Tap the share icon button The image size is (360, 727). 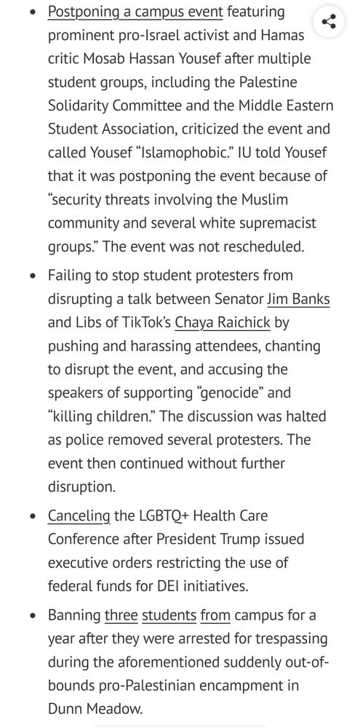coord(328,21)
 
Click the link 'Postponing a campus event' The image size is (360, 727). coord(136,12)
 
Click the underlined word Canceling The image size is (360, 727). coord(79,516)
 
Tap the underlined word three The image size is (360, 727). coord(121,616)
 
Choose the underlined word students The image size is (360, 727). coord(169,616)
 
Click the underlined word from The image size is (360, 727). coord(215,616)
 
